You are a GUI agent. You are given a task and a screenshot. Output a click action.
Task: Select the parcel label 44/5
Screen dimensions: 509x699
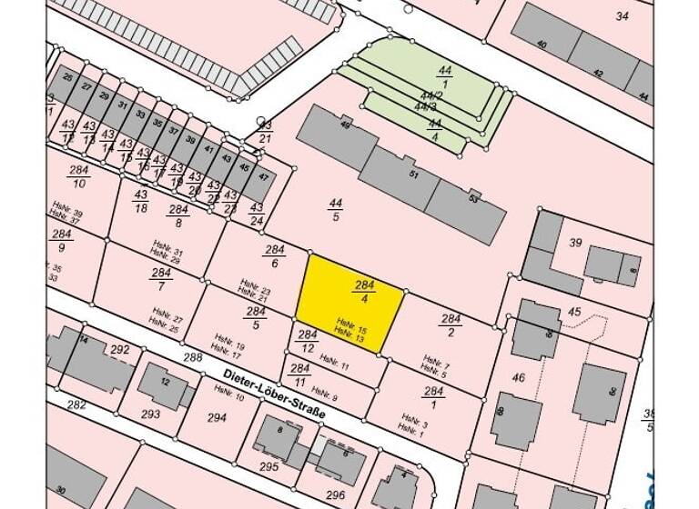click(336, 210)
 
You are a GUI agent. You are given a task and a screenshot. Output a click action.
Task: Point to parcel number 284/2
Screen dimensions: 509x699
click(451, 324)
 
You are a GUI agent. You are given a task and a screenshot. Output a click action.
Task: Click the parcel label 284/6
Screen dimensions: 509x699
click(275, 256)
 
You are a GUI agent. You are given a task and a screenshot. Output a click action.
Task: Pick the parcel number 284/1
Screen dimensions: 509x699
click(433, 397)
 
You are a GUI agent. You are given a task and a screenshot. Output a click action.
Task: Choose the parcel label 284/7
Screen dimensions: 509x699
click(162, 279)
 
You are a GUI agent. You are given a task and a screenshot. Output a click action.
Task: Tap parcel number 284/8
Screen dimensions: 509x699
click(178, 215)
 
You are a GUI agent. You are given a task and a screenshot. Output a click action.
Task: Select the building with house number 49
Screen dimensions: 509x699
click(337, 135)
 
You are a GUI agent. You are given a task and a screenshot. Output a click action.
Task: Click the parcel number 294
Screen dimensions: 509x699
click(217, 417)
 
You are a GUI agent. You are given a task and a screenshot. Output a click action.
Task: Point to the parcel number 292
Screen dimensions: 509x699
click(120, 349)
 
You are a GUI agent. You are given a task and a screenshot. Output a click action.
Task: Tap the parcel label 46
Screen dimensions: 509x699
click(519, 376)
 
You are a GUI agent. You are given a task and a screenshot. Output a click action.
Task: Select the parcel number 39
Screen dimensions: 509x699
click(575, 243)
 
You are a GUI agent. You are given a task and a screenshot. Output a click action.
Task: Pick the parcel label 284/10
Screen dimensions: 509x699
click(79, 177)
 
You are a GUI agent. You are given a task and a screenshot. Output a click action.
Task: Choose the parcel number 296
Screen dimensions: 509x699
click(336, 494)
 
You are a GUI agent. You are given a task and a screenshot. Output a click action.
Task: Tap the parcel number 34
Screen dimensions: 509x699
click(623, 15)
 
